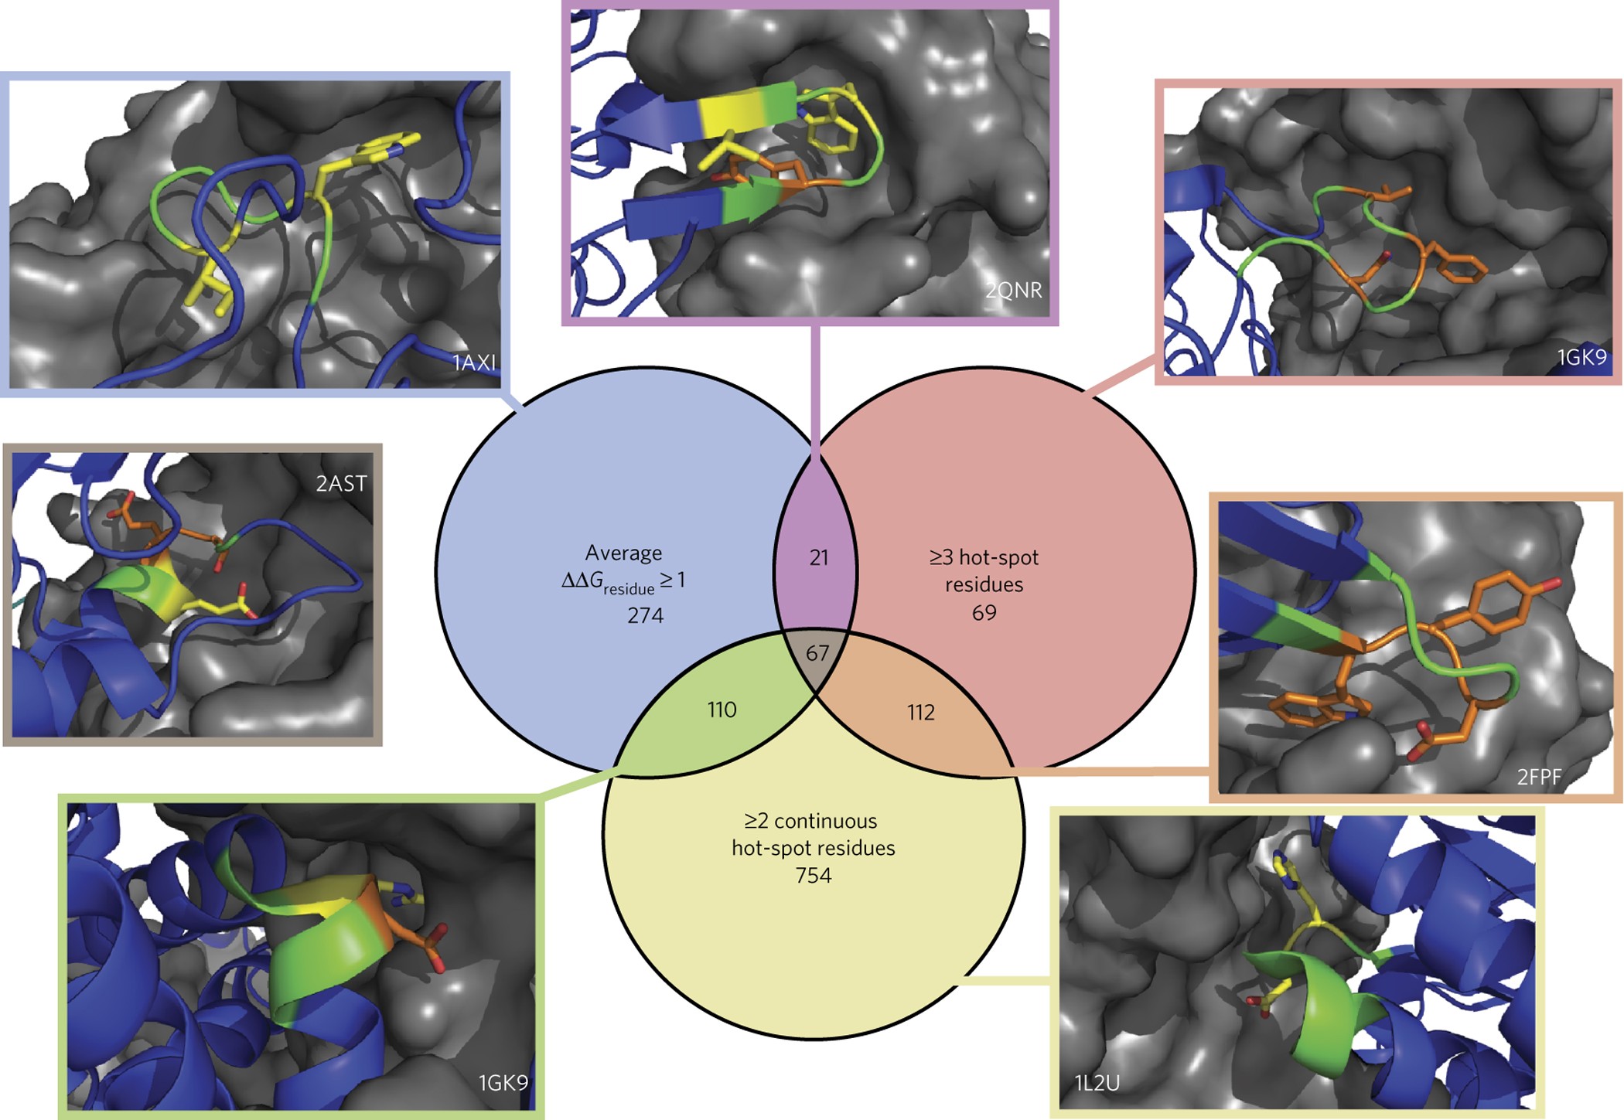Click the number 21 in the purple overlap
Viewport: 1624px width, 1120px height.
(x=818, y=557)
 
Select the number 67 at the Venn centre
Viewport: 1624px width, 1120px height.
(x=817, y=653)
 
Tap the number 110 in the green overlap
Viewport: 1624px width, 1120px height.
(x=722, y=710)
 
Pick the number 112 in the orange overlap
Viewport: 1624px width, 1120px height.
(x=920, y=712)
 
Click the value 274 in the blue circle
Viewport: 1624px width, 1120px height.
(x=645, y=615)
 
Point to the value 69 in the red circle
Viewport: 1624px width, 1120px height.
(x=984, y=613)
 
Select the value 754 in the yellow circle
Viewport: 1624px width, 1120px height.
(x=813, y=876)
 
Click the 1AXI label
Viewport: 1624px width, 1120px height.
(x=473, y=363)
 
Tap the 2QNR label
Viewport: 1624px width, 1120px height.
(x=1013, y=291)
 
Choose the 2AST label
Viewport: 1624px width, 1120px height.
(x=341, y=484)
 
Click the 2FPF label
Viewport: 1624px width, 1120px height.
(x=1539, y=777)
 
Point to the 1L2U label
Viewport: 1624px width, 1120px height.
(x=1097, y=1083)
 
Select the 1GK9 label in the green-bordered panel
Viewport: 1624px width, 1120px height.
(x=503, y=1083)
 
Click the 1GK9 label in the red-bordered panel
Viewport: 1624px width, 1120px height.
(x=1581, y=357)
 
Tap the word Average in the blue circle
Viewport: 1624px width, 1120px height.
(x=623, y=553)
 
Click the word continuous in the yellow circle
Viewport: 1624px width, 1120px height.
(x=825, y=821)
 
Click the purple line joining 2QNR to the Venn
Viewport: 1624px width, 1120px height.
(x=815, y=386)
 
